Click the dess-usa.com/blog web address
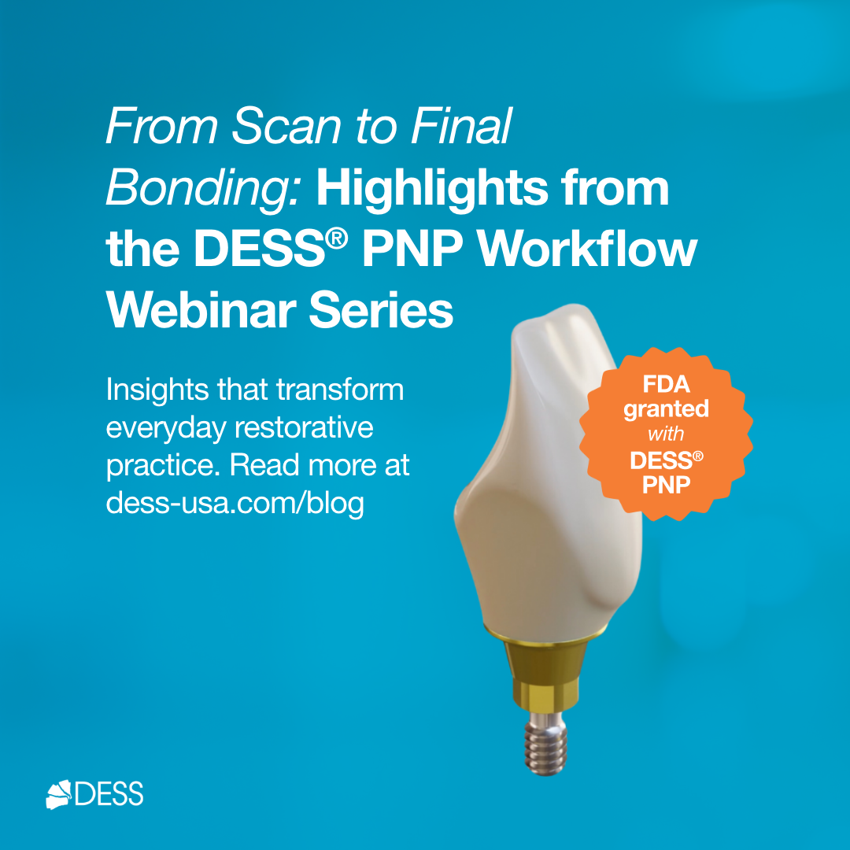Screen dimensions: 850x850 (x=235, y=503)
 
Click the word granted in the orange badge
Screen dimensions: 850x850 (x=666, y=410)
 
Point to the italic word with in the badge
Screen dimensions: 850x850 (x=666, y=434)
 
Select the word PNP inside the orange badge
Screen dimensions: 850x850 (x=666, y=484)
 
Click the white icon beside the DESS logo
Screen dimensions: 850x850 (x=59, y=793)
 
